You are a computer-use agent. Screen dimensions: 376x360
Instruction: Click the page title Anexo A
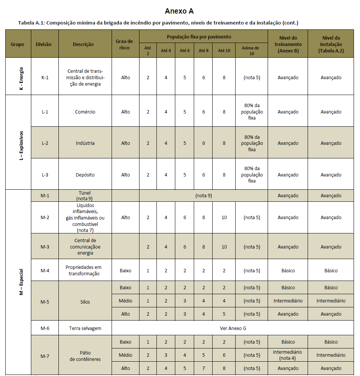(x=179, y=11)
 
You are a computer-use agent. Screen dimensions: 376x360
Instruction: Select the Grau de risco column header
(x=125, y=44)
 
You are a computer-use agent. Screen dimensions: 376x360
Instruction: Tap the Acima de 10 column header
(x=251, y=51)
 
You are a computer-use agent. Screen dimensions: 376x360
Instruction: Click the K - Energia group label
(x=21, y=77)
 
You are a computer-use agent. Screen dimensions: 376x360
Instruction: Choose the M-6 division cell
(x=45, y=328)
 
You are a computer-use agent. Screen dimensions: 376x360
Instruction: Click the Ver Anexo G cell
(x=233, y=328)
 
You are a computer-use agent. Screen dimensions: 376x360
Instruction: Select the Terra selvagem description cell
(x=85, y=328)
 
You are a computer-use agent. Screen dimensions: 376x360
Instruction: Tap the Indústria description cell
(x=85, y=143)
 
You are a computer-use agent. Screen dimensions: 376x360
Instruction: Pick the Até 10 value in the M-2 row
(x=224, y=217)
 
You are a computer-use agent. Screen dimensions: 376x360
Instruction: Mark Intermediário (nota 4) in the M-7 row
(x=288, y=355)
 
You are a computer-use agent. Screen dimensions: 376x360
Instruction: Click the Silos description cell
(x=85, y=302)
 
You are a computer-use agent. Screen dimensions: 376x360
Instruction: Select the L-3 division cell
(x=45, y=175)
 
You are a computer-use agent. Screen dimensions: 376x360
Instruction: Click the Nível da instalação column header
(x=331, y=44)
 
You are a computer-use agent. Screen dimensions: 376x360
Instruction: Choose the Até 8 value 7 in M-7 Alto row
(x=203, y=368)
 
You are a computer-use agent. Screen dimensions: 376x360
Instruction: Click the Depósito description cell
(x=85, y=175)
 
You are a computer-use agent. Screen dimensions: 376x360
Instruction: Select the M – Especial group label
(x=21, y=282)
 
